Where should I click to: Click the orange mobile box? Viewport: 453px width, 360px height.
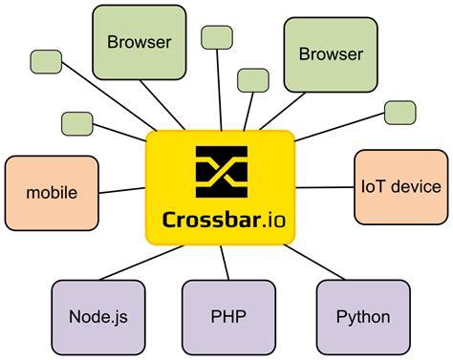[x=52, y=192]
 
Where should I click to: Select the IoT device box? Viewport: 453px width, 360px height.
[x=400, y=188]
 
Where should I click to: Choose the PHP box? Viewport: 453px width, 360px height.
[x=221, y=316]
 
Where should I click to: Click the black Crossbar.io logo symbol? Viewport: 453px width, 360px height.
[x=221, y=170]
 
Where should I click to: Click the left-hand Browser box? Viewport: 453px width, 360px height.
[x=139, y=43]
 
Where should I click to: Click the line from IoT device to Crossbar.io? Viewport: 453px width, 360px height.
[x=322, y=187]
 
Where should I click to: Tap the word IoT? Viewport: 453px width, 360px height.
[x=370, y=188]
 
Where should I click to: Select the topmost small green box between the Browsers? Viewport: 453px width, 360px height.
[x=217, y=36]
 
